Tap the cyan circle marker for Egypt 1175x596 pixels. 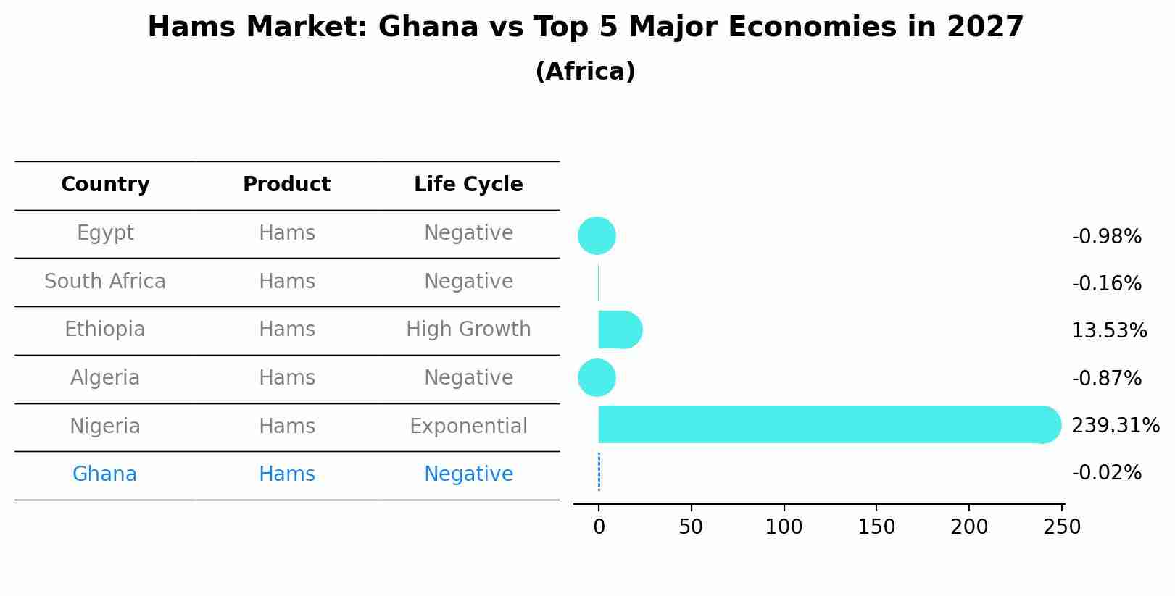tap(597, 236)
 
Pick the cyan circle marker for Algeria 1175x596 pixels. tap(597, 378)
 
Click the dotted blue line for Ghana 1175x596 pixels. tap(599, 472)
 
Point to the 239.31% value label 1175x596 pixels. tap(1115, 426)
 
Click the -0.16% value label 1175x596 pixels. tap(1106, 284)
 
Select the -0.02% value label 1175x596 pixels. tap(1106, 473)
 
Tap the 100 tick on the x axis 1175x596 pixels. tap(784, 527)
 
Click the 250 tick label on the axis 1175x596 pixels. tap(1062, 527)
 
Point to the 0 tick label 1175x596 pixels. tap(599, 527)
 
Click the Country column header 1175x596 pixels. tap(105, 185)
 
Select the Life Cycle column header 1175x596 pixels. tap(468, 185)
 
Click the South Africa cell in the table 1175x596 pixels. tap(105, 282)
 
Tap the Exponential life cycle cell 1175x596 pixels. tap(468, 427)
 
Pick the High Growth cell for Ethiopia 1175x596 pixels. tap(468, 330)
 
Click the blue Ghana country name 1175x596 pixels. tap(104, 474)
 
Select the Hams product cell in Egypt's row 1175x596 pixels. tap(287, 233)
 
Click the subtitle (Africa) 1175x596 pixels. tap(585, 72)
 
